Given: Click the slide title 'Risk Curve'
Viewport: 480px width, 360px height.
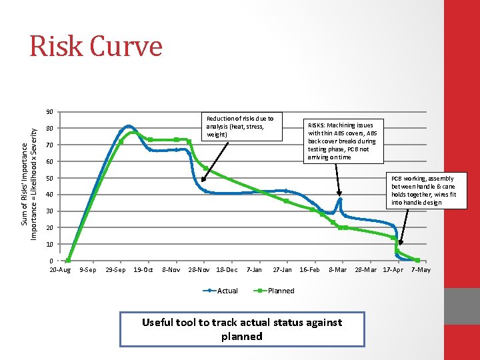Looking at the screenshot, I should (x=95, y=47).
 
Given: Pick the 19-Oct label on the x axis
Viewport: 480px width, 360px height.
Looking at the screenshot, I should (x=143, y=270).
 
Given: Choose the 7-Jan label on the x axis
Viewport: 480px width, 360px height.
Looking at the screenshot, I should (x=254, y=270).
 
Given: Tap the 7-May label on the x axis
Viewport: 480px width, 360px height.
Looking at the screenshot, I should (x=421, y=270).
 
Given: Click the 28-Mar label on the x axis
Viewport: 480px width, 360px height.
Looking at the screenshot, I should (x=365, y=270).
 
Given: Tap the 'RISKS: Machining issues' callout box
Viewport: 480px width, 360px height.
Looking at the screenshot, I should (x=341, y=141).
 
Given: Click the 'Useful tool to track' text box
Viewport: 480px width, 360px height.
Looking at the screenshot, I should (x=242, y=329).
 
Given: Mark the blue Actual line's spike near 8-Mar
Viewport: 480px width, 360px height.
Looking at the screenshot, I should (x=339, y=199).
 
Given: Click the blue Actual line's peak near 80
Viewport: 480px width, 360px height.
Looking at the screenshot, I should (x=129, y=125).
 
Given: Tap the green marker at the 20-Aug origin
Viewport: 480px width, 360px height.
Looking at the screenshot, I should (x=69, y=261).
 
